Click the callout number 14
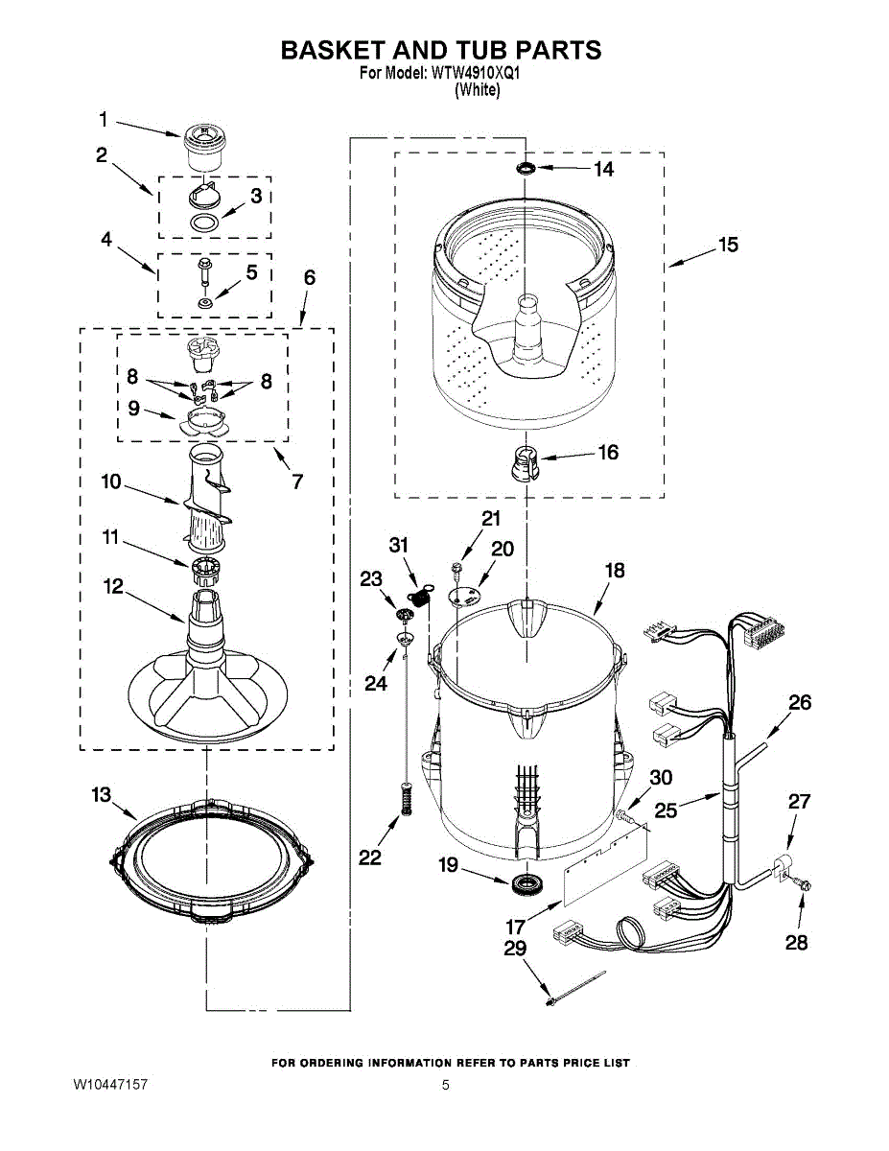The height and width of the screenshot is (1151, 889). tap(603, 170)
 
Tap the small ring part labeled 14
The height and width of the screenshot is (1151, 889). tap(526, 169)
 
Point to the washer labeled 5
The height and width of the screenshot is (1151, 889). tap(204, 303)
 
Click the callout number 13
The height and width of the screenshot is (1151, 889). tap(101, 795)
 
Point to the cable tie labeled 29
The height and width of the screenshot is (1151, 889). tap(575, 989)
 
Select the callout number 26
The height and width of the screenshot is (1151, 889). tap(800, 703)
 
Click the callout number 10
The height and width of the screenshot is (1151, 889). tap(111, 482)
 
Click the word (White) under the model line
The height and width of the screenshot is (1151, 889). tap(477, 90)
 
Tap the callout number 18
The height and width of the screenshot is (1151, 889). tap(614, 571)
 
